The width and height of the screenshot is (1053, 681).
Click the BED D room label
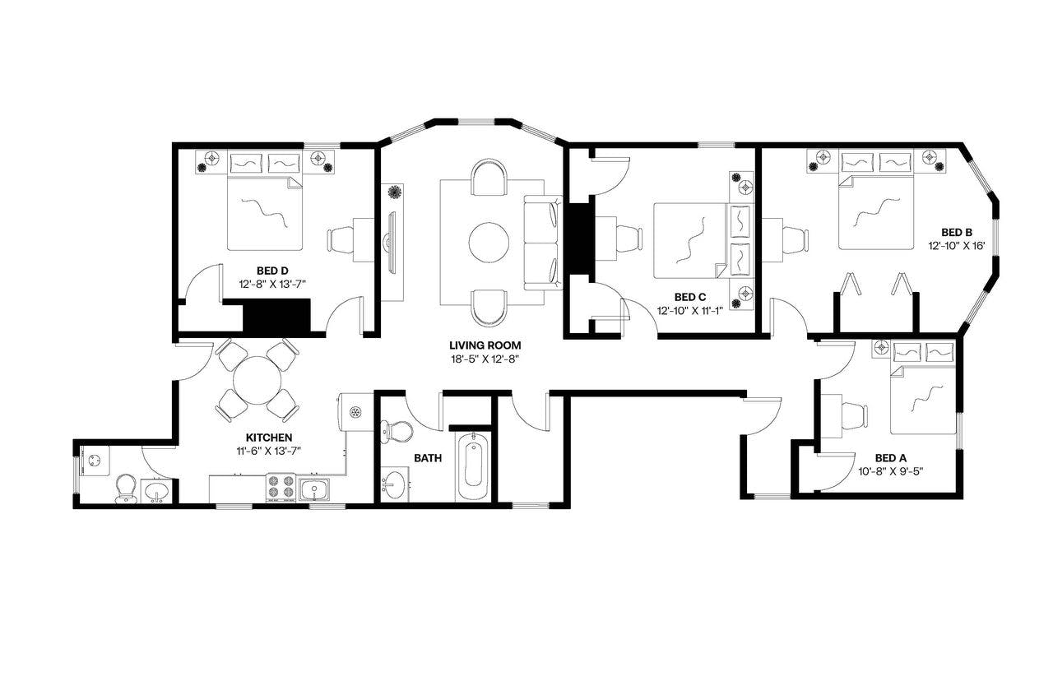(x=271, y=270)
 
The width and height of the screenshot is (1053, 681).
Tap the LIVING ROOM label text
(x=485, y=345)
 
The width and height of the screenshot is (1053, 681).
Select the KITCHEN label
(x=269, y=438)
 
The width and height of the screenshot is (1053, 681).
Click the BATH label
(x=427, y=458)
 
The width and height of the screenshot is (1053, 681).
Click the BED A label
(x=890, y=458)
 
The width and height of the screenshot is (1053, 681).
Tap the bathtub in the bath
(x=474, y=466)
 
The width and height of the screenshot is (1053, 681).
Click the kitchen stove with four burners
(x=281, y=489)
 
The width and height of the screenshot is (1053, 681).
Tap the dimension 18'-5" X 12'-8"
(x=485, y=359)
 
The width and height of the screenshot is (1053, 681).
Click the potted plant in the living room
(x=394, y=192)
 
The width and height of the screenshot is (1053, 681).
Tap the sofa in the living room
(x=542, y=243)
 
